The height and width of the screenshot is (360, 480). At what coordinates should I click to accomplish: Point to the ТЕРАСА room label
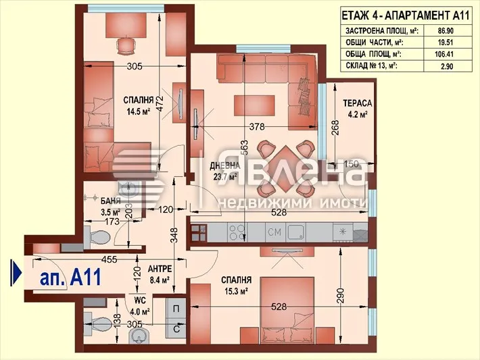356,103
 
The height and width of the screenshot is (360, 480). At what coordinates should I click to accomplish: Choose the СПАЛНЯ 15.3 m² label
236,279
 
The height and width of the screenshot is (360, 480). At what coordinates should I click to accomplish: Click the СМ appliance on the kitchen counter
273,233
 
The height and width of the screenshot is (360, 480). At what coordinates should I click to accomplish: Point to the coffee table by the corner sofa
254,105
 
